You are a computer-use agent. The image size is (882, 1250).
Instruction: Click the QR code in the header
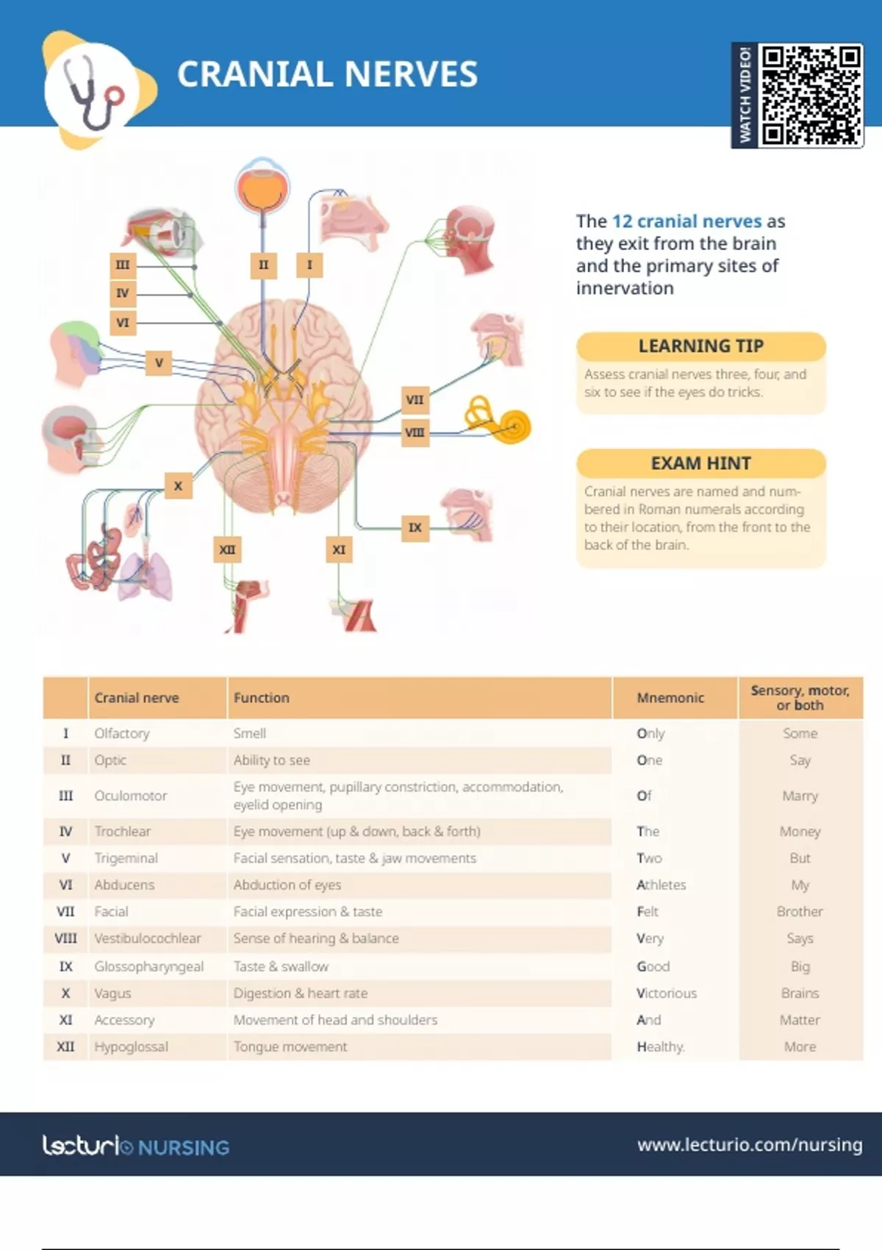pos(811,96)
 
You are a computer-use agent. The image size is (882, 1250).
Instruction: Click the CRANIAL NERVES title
pos(328,74)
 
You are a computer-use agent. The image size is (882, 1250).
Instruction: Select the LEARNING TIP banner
pos(700,346)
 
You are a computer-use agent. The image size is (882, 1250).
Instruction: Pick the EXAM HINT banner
pos(700,463)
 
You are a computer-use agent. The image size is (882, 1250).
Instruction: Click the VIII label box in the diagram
pos(415,432)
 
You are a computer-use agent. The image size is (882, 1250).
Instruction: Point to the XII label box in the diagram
pos(227,550)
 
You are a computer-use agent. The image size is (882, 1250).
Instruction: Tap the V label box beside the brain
pos(159,362)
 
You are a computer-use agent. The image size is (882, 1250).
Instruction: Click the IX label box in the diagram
pos(415,527)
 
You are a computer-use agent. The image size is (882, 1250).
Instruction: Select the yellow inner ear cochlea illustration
pos(498,421)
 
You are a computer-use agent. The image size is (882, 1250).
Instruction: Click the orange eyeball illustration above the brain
pos(262,186)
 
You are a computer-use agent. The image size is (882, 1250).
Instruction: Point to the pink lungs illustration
pos(146,576)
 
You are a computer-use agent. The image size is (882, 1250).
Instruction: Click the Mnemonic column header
pos(670,698)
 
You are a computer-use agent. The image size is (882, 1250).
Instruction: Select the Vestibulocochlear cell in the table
pos(147,938)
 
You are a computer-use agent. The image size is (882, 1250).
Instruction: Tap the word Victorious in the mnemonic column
pos(666,993)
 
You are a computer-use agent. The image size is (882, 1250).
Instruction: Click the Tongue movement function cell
pos(290,1046)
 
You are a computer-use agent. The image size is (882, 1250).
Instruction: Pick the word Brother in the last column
pos(800,911)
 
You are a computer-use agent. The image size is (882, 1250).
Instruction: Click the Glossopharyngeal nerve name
pos(148,966)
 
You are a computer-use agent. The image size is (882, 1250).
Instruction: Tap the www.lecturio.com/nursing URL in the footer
pos(750,1145)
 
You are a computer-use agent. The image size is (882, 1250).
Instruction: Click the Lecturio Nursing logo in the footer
pos(136,1146)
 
